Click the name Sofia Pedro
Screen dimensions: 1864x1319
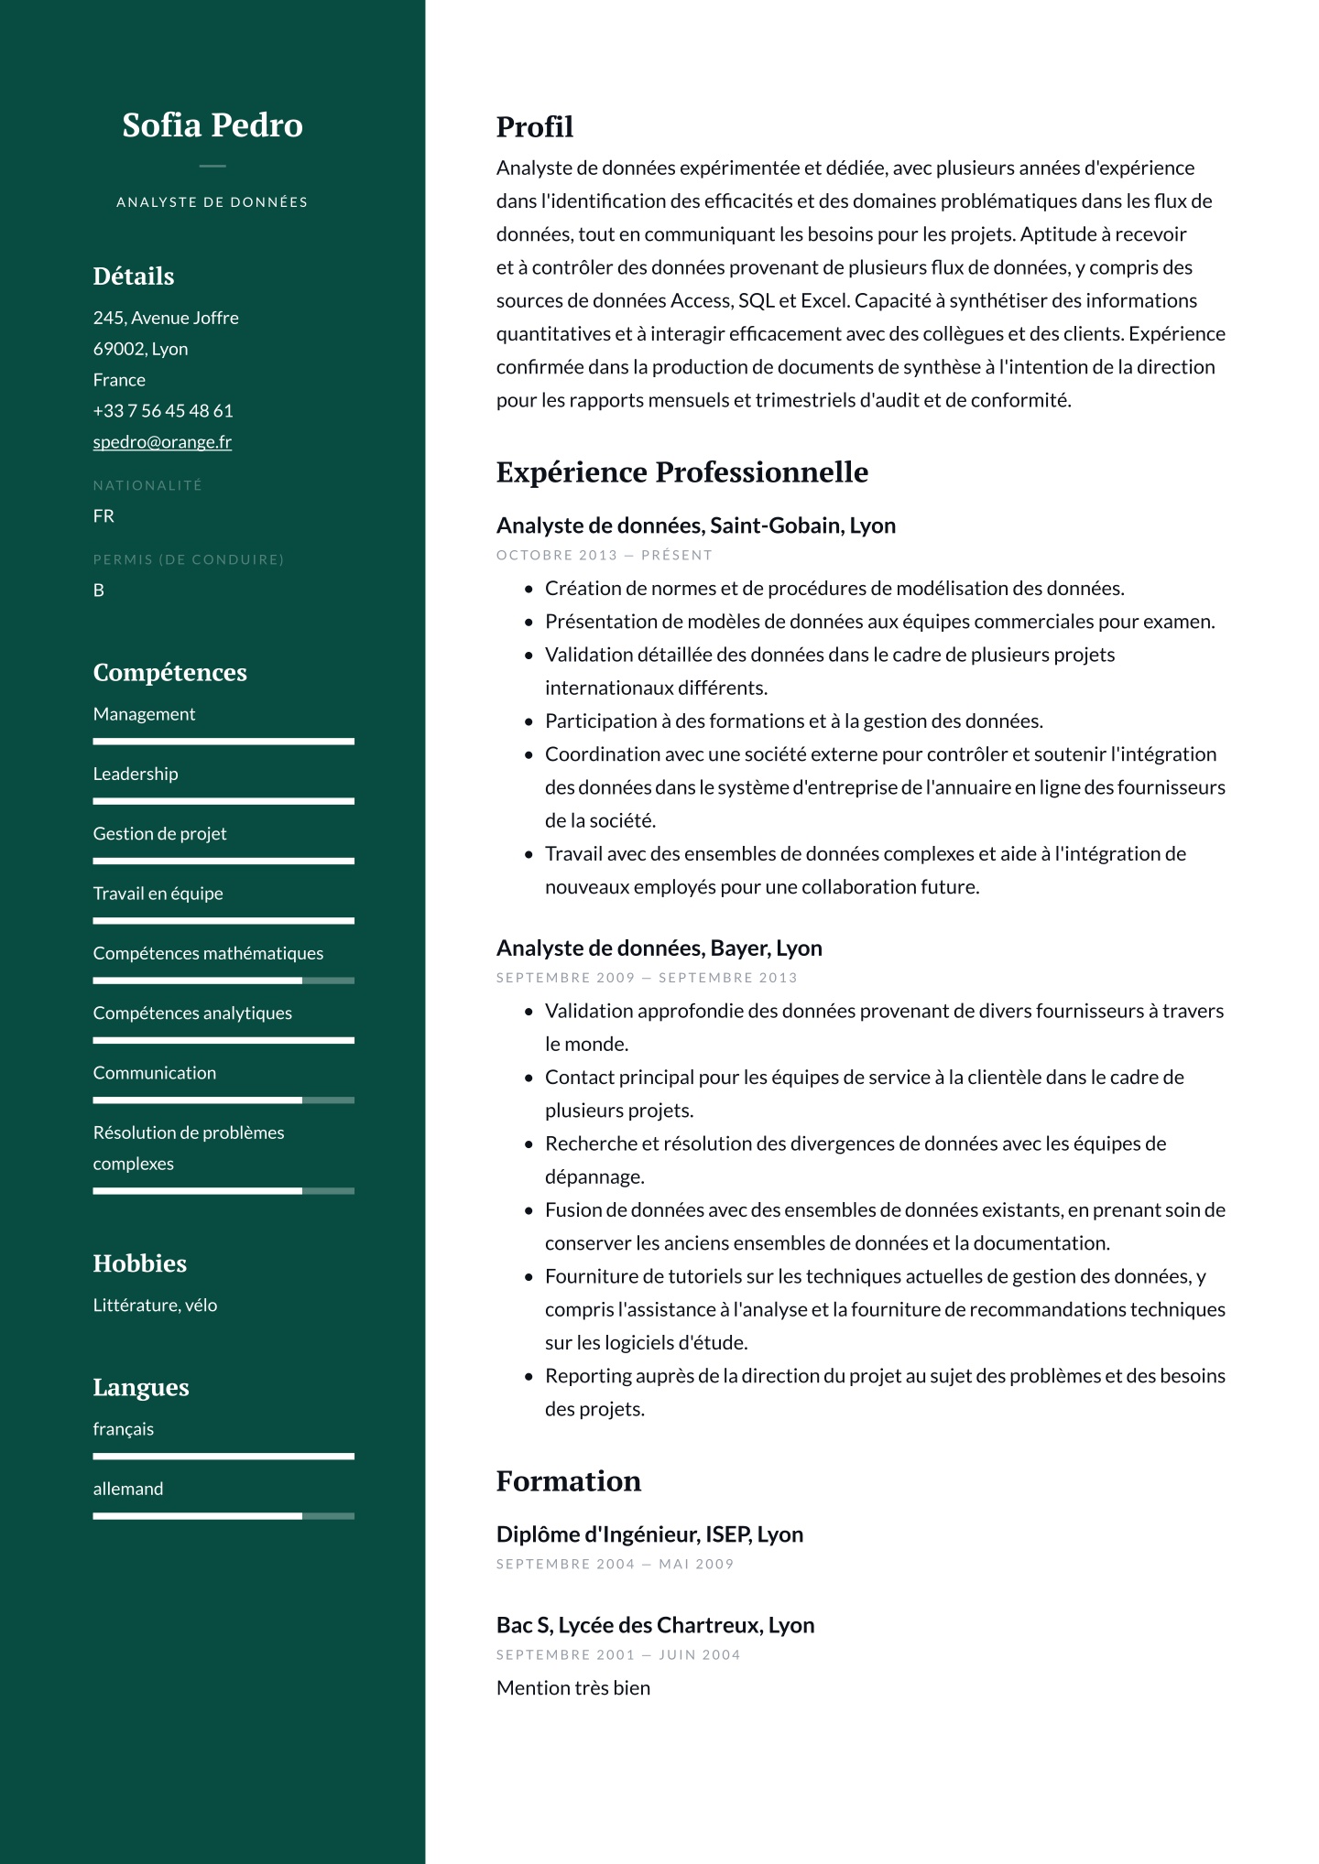(x=213, y=125)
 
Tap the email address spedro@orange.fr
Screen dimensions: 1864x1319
(x=162, y=442)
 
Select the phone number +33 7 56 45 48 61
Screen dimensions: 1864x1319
(x=163, y=411)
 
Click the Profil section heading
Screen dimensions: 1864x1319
(x=535, y=127)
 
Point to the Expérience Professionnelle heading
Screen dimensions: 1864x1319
(x=681, y=472)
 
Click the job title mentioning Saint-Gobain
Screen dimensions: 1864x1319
(x=695, y=526)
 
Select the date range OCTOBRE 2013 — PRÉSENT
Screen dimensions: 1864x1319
(x=604, y=556)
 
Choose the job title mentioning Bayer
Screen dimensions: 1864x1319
(x=659, y=948)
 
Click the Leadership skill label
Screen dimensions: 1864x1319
(x=136, y=775)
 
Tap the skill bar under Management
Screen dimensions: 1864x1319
(x=223, y=742)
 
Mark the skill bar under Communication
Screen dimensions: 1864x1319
(x=223, y=1100)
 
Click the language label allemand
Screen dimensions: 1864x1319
(x=128, y=1490)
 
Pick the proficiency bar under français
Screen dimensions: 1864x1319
(x=223, y=1457)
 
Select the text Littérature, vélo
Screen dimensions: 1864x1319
(x=155, y=1306)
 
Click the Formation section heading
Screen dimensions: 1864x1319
(x=568, y=1481)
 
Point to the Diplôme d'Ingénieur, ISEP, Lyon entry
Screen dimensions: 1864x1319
(x=649, y=1535)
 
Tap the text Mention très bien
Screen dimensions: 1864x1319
(x=573, y=1688)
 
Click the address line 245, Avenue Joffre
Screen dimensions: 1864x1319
(x=166, y=319)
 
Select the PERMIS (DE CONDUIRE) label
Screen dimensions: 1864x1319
(x=189, y=560)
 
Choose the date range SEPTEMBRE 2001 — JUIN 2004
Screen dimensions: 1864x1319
(x=618, y=1655)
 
